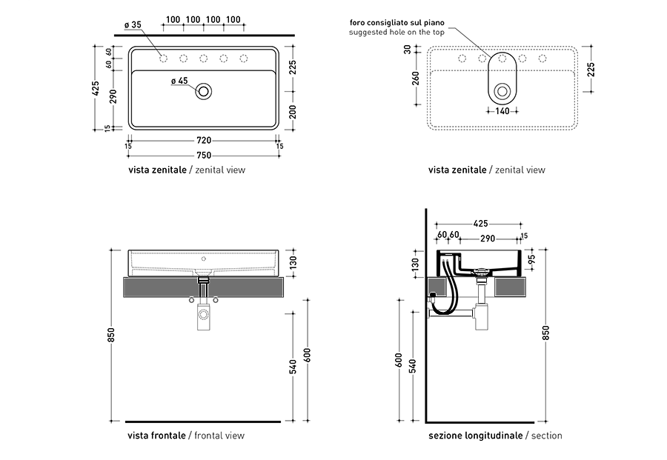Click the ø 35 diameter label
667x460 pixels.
pyautogui.click(x=133, y=25)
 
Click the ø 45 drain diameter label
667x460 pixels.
pyautogui.click(x=179, y=81)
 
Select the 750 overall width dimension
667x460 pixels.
pyautogui.click(x=205, y=156)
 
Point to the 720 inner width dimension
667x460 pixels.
pyautogui.click(x=205, y=141)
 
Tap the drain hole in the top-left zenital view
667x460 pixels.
pyautogui.click(x=204, y=91)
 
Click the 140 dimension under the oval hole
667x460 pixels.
pyautogui.click(x=502, y=111)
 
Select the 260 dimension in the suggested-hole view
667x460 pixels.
pyautogui.click(x=416, y=79)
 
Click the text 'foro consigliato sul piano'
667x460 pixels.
pyautogui.click(x=397, y=23)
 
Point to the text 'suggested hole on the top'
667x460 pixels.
pyautogui.click(x=397, y=33)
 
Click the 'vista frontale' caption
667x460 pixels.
pyautogui.click(x=156, y=436)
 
